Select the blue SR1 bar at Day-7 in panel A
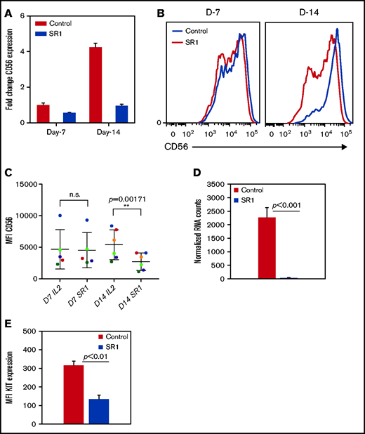69,117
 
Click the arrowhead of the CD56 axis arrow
343,147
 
